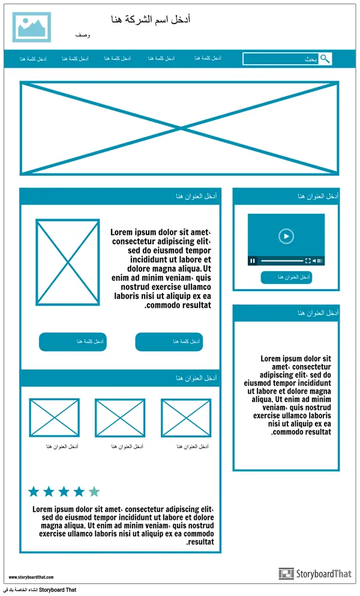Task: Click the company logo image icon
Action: tap(31, 27)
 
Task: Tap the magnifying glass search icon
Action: tap(325, 59)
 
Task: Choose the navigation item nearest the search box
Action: tap(208, 58)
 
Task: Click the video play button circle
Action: tap(286, 236)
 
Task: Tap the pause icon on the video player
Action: tap(253, 260)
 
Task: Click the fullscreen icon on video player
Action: tap(308, 260)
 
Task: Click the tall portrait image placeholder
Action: tap(67, 262)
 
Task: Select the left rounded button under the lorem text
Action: tap(73, 342)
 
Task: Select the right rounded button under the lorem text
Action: tap(169, 342)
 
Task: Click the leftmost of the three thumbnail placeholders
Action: tap(54, 418)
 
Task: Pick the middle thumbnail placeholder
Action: tap(120, 418)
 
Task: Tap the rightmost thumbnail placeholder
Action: tap(186, 418)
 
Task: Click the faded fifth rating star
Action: tap(94, 492)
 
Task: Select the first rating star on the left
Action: tap(34, 492)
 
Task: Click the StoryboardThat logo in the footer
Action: tap(315, 574)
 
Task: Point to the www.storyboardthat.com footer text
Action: tap(31, 577)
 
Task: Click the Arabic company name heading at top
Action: tap(151, 20)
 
